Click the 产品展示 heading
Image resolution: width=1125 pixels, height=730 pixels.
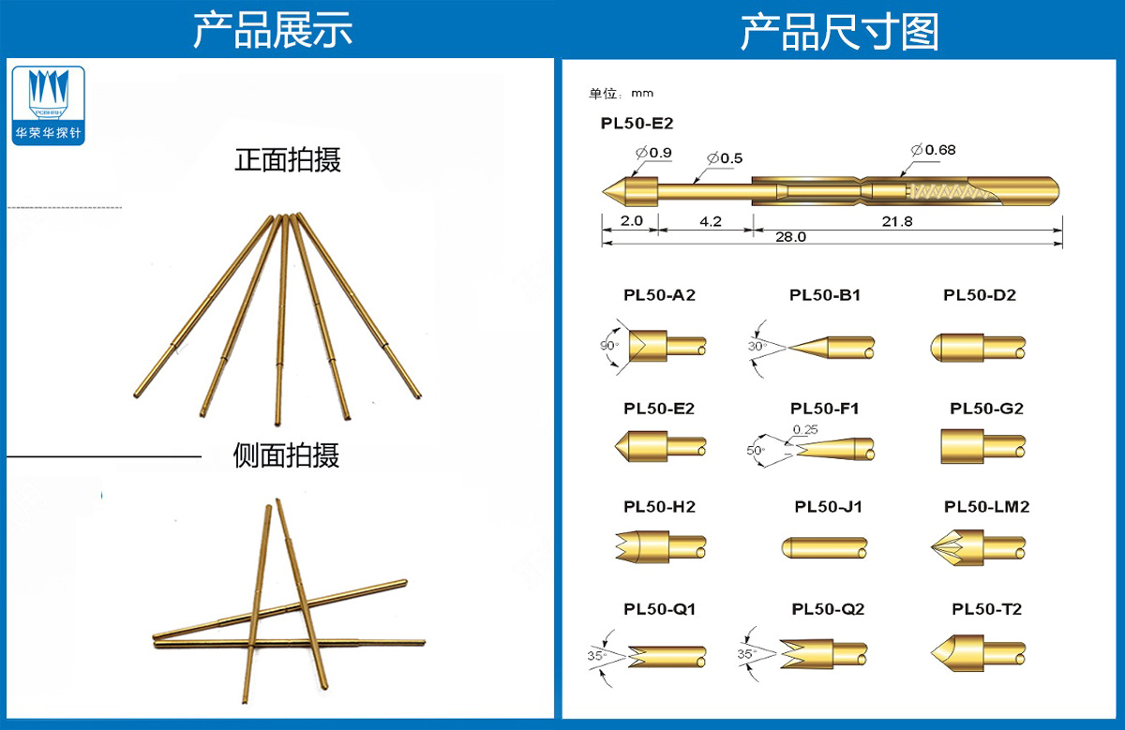tap(273, 30)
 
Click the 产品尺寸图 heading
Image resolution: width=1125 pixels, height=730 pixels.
tap(839, 31)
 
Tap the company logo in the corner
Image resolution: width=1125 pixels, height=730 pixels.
tap(50, 105)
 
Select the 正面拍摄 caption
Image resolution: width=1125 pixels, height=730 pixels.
tap(288, 159)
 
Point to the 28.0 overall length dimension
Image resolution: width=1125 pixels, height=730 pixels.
tap(790, 237)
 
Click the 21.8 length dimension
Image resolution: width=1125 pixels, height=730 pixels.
tap(897, 222)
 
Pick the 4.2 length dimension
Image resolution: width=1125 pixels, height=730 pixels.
tap(710, 222)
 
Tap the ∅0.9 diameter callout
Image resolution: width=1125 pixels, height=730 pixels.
tap(652, 152)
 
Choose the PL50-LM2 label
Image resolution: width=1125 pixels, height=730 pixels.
tap(986, 507)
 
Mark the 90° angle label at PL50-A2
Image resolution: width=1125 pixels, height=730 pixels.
tap(609, 346)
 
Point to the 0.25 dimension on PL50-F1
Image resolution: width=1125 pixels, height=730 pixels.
tap(805, 429)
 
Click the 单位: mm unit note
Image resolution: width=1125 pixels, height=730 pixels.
tap(621, 94)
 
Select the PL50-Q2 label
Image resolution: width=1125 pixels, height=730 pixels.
tap(828, 609)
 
